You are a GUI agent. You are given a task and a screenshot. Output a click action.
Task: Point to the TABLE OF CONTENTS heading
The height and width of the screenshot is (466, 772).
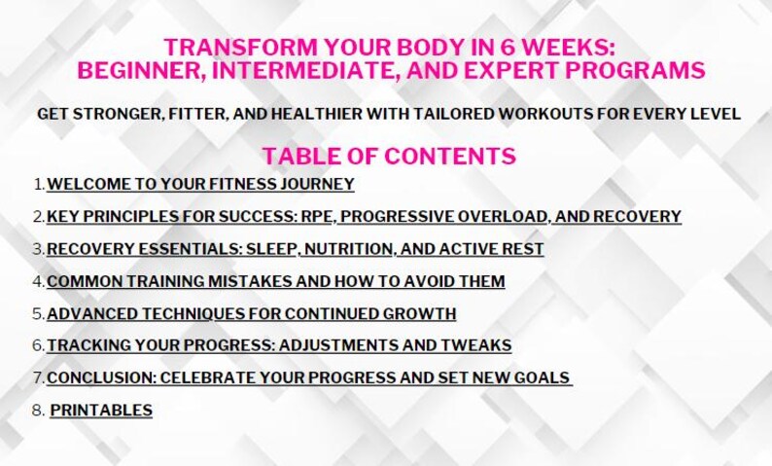coord(388,156)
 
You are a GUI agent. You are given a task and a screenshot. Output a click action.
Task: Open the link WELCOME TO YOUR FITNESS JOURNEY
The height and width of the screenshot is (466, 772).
coord(200,183)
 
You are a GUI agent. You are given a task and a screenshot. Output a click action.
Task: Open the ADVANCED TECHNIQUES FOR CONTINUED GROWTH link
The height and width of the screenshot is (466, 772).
coord(251,313)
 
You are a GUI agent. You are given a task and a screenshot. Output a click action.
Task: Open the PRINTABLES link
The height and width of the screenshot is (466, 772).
coord(101,411)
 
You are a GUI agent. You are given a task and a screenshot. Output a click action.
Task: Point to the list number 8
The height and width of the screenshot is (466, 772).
coord(37,411)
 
